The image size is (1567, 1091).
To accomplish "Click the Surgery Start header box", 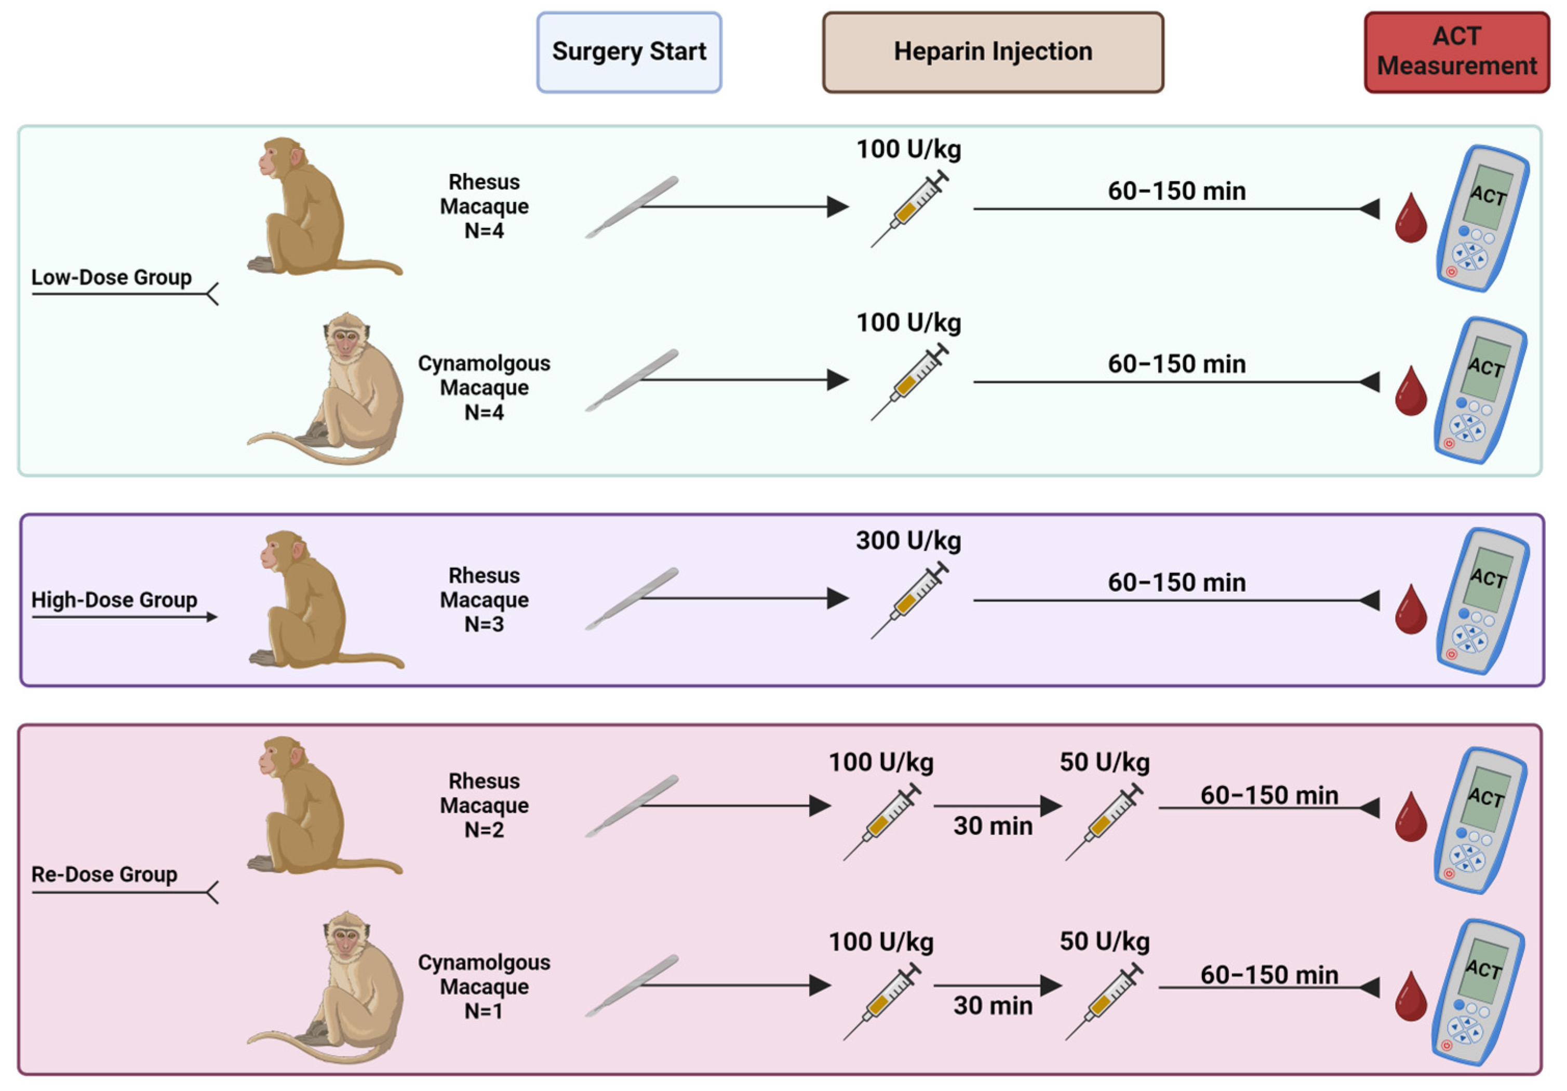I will point(628,52).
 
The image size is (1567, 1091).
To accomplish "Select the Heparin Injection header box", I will point(993,52).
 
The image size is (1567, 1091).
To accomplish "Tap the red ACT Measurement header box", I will point(1456,52).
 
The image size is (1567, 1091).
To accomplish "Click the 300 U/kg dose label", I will point(908,541).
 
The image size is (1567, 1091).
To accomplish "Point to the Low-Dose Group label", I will point(111,278).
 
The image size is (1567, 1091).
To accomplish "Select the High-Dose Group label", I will point(114,600).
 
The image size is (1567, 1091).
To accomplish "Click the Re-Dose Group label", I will point(104,874).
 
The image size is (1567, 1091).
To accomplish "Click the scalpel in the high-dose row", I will point(631,599).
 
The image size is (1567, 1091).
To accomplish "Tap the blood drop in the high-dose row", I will point(1410,610).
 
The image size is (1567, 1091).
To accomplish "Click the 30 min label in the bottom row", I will point(993,1006).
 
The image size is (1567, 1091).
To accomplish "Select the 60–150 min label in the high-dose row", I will point(1176,582).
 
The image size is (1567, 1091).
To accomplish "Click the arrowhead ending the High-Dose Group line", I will point(212,617).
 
